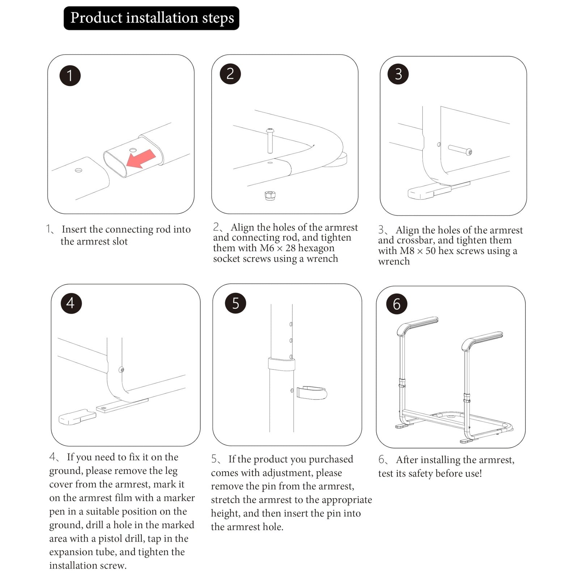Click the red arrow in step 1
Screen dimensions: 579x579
click(141, 159)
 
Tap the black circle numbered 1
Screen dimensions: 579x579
click(70, 76)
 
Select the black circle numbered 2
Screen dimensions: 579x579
click(230, 74)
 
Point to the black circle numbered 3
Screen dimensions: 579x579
click(398, 74)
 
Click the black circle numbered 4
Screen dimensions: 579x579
click(71, 303)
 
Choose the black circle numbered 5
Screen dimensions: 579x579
click(236, 303)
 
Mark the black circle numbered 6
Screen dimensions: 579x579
click(397, 304)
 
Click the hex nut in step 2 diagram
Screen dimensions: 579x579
click(270, 195)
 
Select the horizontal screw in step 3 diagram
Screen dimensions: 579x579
click(460, 149)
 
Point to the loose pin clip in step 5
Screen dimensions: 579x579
click(311, 393)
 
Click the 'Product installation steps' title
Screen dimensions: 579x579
click(152, 18)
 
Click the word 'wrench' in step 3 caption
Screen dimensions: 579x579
click(394, 261)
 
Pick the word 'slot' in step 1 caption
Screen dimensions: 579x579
click(120, 241)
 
